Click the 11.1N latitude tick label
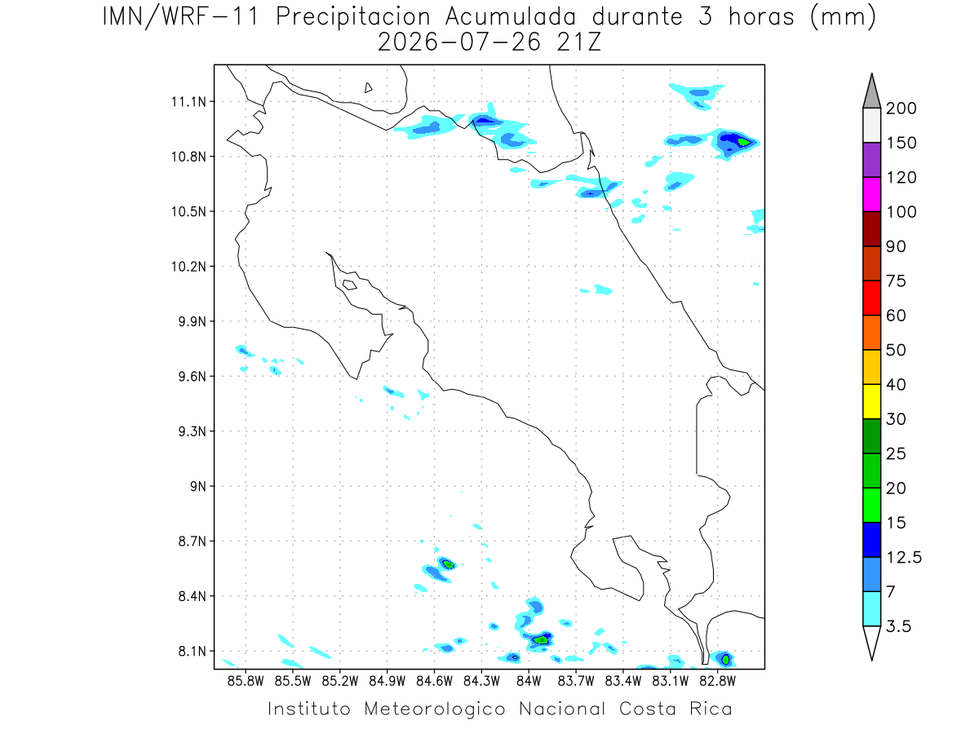pyautogui.click(x=188, y=102)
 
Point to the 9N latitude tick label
pyautogui.click(x=198, y=486)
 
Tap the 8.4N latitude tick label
pyautogui.click(x=193, y=596)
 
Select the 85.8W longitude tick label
pyautogui.click(x=246, y=681)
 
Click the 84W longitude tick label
pyautogui.click(x=529, y=681)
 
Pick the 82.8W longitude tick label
pyautogui.click(x=717, y=681)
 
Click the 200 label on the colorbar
pyautogui.click(x=901, y=108)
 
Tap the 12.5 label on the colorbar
pyautogui.click(x=904, y=558)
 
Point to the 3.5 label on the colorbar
pyautogui.click(x=898, y=626)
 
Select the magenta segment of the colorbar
pyautogui.click(x=871, y=194)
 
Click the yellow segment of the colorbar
pyautogui.click(x=871, y=401)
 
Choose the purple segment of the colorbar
pyautogui.click(x=871, y=160)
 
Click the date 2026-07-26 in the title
pyautogui.click(x=459, y=42)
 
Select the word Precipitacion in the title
pyautogui.click(x=353, y=17)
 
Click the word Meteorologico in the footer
pyautogui.click(x=434, y=709)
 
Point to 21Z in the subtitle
pyautogui.click(x=579, y=42)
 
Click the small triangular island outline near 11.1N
pyautogui.click(x=367, y=88)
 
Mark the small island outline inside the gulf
pyautogui.click(x=350, y=285)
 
